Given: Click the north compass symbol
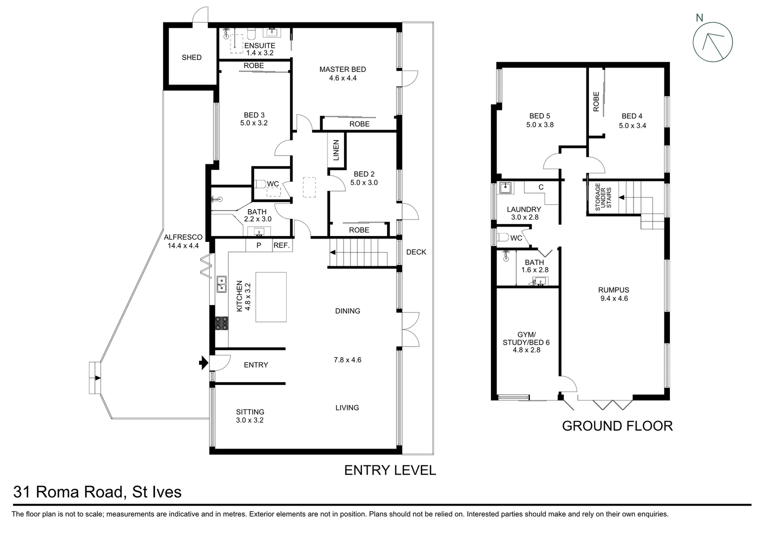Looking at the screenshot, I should click(712, 42).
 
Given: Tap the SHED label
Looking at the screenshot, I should click(191, 57).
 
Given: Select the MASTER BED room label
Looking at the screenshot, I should click(342, 69).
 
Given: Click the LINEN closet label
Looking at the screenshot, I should click(336, 150).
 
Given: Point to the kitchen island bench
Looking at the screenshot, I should click(271, 297).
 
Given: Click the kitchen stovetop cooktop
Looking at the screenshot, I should click(222, 323).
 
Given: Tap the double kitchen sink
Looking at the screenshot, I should click(221, 284).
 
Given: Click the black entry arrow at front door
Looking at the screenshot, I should click(203, 363).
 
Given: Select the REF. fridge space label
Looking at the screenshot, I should click(281, 245).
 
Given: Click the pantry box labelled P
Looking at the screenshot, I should click(258, 245).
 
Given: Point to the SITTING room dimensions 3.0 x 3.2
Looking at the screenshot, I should click(249, 420).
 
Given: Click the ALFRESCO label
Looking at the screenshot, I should click(183, 237).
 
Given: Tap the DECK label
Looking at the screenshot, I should click(416, 252).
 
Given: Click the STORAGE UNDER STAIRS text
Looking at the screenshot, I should click(602, 196).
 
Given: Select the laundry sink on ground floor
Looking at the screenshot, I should click(505, 188).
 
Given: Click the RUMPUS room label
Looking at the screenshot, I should click(613, 290).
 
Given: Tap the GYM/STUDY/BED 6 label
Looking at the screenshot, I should click(526, 342).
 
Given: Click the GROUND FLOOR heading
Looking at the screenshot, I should click(617, 426).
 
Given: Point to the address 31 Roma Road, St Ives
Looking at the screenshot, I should click(97, 492).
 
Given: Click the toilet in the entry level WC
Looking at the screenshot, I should click(260, 184).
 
